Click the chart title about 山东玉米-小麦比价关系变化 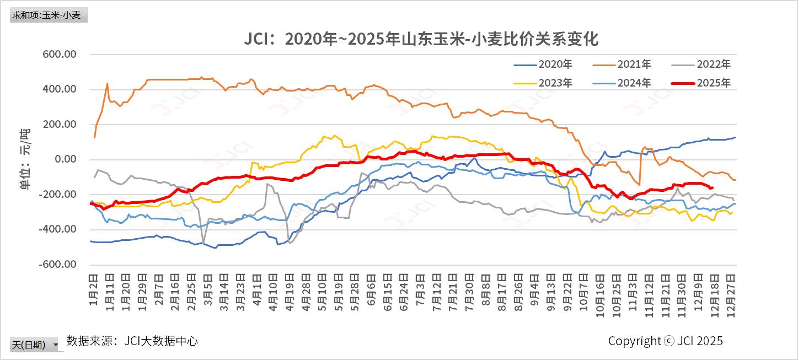(421, 40)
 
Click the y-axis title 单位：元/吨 (25, 159)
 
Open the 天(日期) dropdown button (55, 345)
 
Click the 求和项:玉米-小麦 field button (49, 15)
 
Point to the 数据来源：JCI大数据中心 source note (132, 341)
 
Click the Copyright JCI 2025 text (665, 341)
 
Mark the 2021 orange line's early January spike (107, 84)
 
